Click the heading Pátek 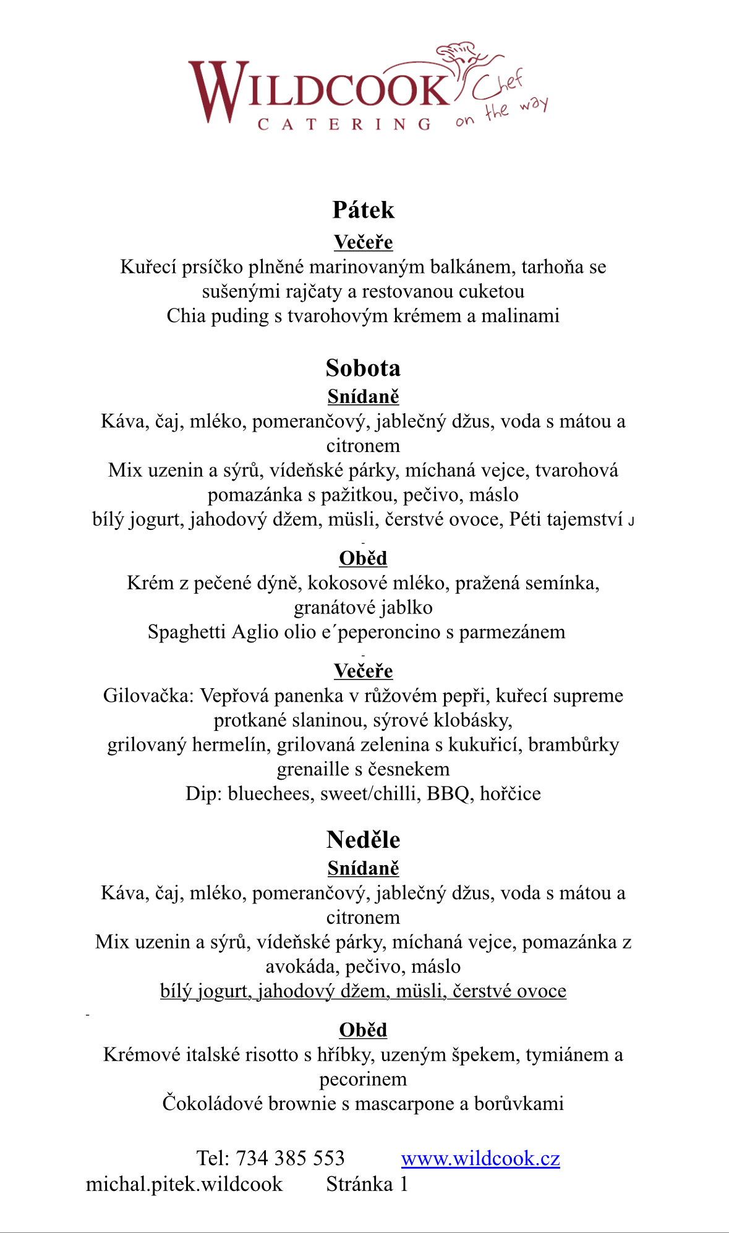pos(363,210)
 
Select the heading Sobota pos(363,369)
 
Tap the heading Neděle pos(363,840)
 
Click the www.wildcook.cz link pos(480,1158)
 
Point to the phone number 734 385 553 pos(290,1158)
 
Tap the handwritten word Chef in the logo pos(498,85)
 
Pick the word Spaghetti pos(187,632)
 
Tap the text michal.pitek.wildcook pos(184,1184)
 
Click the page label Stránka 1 pos(367,1184)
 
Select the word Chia pos(186,316)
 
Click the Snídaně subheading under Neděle pos(363,869)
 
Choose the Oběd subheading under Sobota pos(363,558)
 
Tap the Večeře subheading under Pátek pos(363,242)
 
